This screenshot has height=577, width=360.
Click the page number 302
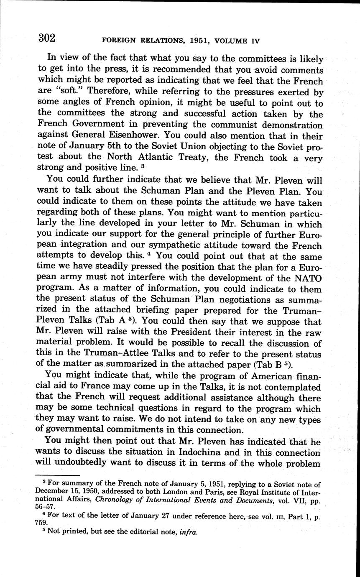[x=46, y=38]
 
